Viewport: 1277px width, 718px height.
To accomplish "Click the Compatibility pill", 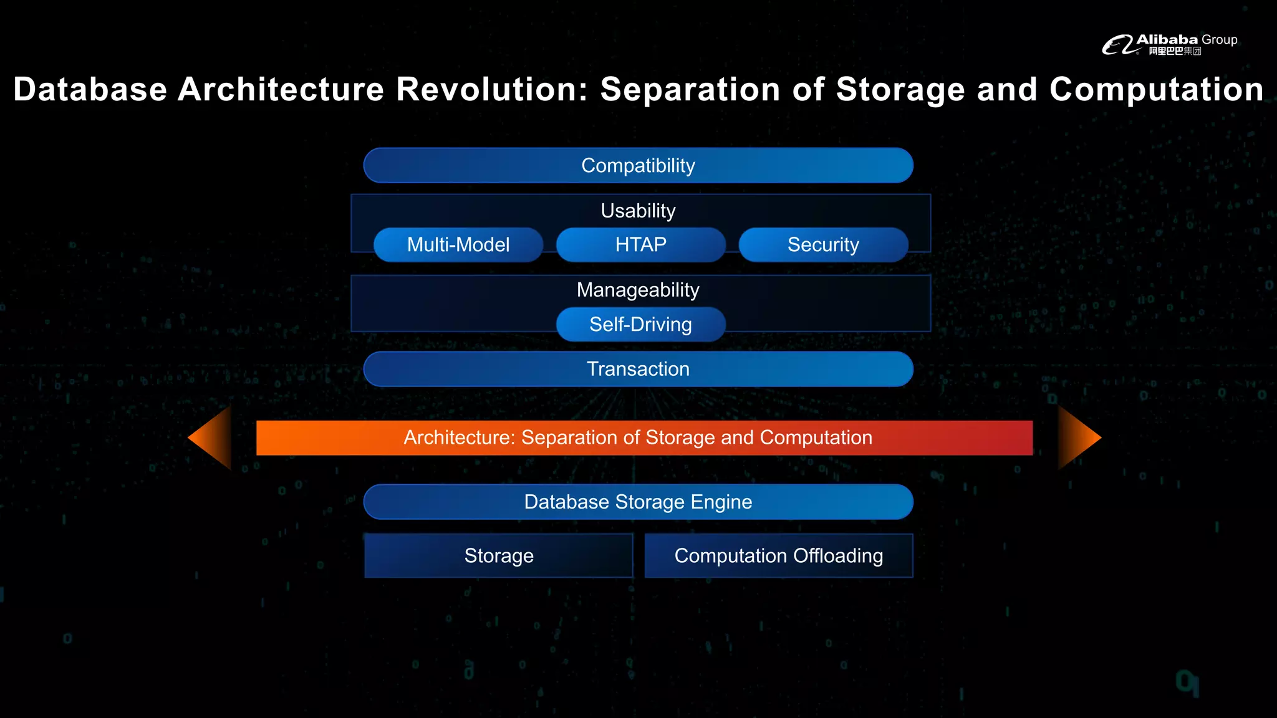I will [x=638, y=165].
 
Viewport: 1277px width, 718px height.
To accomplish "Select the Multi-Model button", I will [x=458, y=244].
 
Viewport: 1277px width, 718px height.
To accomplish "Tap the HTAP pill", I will [x=640, y=244].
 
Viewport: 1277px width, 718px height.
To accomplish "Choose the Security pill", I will [x=823, y=244].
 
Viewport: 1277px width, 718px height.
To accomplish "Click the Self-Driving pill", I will [x=640, y=324].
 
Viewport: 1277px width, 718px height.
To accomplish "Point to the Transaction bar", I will [x=638, y=369].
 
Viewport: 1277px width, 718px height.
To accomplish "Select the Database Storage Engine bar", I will [x=638, y=502].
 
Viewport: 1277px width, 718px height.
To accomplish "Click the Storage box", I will [x=499, y=555].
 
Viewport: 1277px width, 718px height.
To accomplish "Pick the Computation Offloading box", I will [x=778, y=555].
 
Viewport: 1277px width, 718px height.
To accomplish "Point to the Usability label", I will [x=638, y=211].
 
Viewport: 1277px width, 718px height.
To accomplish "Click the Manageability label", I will [x=638, y=290].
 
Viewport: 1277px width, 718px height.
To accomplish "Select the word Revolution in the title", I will [x=492, y=89].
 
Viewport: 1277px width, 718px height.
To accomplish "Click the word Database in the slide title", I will [x=90, y=89].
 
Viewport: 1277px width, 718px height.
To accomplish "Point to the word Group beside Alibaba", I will [x=1219, y=40].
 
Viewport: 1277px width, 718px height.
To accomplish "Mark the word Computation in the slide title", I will [x=1156, y=89].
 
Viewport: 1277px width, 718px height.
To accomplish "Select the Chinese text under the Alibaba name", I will [x=1175, y=51].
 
